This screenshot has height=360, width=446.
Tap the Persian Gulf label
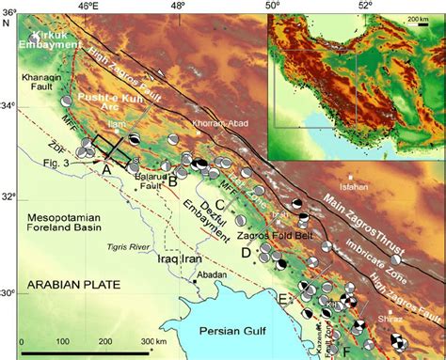tap(243, 329)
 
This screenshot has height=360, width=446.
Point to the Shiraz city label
tap(402, 317)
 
